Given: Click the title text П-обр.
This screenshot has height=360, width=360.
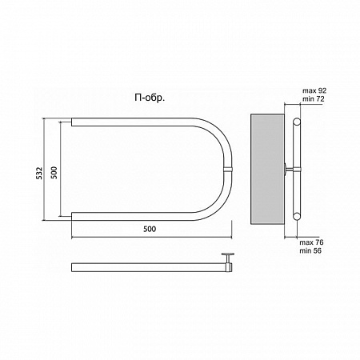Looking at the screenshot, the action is click(x=150, y=98).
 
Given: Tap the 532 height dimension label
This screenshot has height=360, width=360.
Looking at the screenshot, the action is click(x=39, y=173).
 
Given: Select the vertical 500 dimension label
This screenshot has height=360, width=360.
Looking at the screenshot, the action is click(x=54, y=173).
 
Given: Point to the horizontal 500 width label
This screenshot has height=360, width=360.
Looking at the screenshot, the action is click(x=150, y=229).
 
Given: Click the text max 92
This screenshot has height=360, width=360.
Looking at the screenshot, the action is click(x=314, y=90).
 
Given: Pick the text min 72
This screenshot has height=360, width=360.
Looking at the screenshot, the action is click(x=314, y=99).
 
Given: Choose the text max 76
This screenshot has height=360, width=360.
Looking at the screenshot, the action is click(x=311, y=242).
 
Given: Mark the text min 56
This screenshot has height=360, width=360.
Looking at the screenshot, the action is click(x=310, y=250).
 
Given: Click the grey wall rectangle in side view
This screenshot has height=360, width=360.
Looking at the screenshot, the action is click(x=267, y=169).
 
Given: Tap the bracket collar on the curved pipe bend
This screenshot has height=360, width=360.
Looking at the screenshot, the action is click(x=229, y=169).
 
